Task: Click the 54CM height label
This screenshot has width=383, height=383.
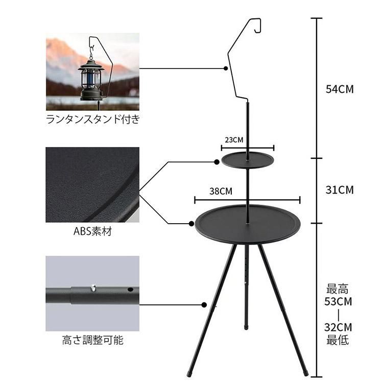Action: [x=340, y=89]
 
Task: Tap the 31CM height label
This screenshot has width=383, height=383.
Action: [x=340, y=190]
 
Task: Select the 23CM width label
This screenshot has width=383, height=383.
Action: [x=234, y=140]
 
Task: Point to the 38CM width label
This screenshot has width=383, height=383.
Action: [x=221, y=191]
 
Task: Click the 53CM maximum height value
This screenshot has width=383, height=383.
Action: [x=338, y=301]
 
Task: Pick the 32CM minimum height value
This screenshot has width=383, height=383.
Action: [x=338, y=327]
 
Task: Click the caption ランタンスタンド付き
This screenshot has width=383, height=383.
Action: [x=93, y=119]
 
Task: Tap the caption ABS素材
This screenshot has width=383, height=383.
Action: [x=92, y=231]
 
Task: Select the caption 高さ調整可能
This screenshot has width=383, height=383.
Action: [x=92, y=340]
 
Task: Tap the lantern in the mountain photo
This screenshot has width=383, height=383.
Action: [x=91, y=78]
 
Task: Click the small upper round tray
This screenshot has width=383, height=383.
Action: [x=248, y=160]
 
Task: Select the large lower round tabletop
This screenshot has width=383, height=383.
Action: [x=248, y=224]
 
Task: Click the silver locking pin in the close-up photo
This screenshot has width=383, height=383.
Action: [x=93, y=288]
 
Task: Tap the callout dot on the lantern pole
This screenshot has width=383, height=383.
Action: [x=226, y=68]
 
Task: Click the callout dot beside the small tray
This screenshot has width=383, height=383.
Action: [x=217, y=162]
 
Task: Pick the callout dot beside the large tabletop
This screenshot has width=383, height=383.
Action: [x=192, y=224]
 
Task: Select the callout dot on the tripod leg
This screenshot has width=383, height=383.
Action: [x=204, y=305]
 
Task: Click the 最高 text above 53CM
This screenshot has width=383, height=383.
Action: [x=338, y=289]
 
